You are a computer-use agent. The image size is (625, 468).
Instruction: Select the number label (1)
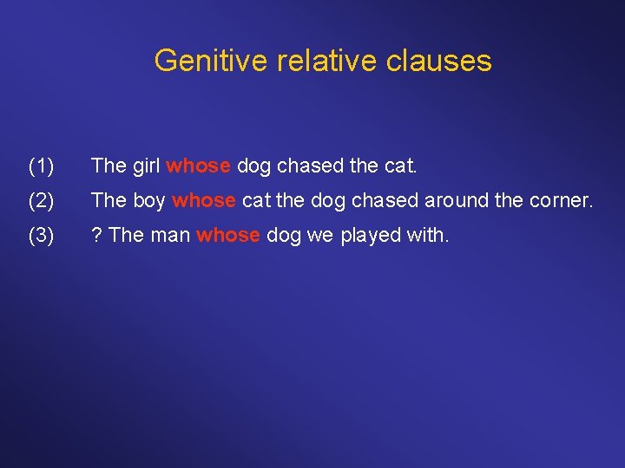tap(43, 165)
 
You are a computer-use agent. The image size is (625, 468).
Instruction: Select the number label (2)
tap(43, 200)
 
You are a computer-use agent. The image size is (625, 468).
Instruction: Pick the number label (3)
tap(43, 236)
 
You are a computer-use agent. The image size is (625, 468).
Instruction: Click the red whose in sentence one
tap(198, 165)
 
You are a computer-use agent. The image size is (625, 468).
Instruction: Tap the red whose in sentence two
tap(204, 200)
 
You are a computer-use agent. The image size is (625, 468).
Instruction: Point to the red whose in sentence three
tap(228, 236)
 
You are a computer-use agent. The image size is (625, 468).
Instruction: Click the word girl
tap(145, 165)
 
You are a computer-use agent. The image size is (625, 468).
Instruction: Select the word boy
tap(148, 200)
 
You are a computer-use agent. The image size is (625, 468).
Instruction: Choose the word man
tap(172, 236)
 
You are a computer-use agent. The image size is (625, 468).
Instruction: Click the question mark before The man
tap(96, 236)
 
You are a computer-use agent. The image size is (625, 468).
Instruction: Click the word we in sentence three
tap(320, 236)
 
